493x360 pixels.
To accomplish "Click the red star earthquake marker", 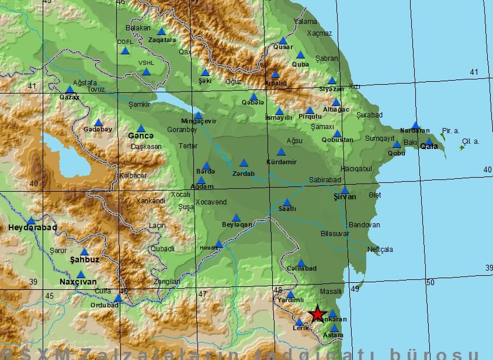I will (317, 314).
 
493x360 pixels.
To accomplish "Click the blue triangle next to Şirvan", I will (345, 190).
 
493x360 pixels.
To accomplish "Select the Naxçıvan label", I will (78, 282).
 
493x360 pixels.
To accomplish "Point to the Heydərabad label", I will (33, 227).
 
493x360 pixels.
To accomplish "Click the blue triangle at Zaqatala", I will (161, 32).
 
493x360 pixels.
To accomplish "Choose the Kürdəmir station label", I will (281, 162).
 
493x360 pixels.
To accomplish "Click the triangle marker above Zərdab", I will (244, 163).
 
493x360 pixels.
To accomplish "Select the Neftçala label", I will (380, 250).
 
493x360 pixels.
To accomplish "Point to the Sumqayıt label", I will (380, 139).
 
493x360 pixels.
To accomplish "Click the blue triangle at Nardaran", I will (415, 125).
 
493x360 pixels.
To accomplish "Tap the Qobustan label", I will (337, 140).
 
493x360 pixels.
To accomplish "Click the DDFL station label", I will (125, 42).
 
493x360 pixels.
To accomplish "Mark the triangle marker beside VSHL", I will (146, 72).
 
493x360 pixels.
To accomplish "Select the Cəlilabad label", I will (301, 268).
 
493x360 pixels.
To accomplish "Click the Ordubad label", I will (105, 305).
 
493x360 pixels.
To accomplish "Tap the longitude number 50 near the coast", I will (430, 283).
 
